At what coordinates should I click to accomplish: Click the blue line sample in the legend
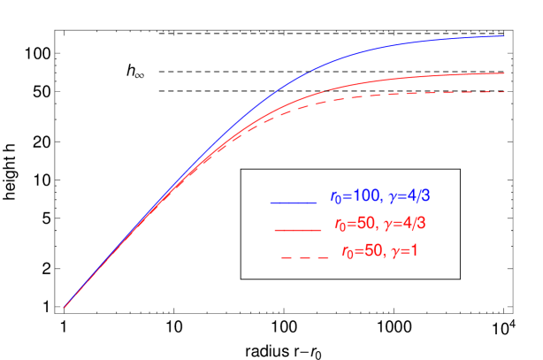point(294,203)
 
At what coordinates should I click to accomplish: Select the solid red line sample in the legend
point(297,229)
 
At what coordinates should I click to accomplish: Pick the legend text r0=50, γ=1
point(379,250)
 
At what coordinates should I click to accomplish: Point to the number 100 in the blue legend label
point(363,195)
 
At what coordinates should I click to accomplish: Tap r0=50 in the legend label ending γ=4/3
point(352,223)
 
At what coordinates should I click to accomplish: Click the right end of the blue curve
point(504,36)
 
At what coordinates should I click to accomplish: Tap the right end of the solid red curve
point(504,73)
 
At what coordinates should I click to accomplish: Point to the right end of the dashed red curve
point(504,92)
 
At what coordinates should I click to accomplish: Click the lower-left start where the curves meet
point(65,308)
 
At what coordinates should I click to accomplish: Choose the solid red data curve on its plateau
point(424,76)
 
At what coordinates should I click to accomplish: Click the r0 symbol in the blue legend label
point(335,196)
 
